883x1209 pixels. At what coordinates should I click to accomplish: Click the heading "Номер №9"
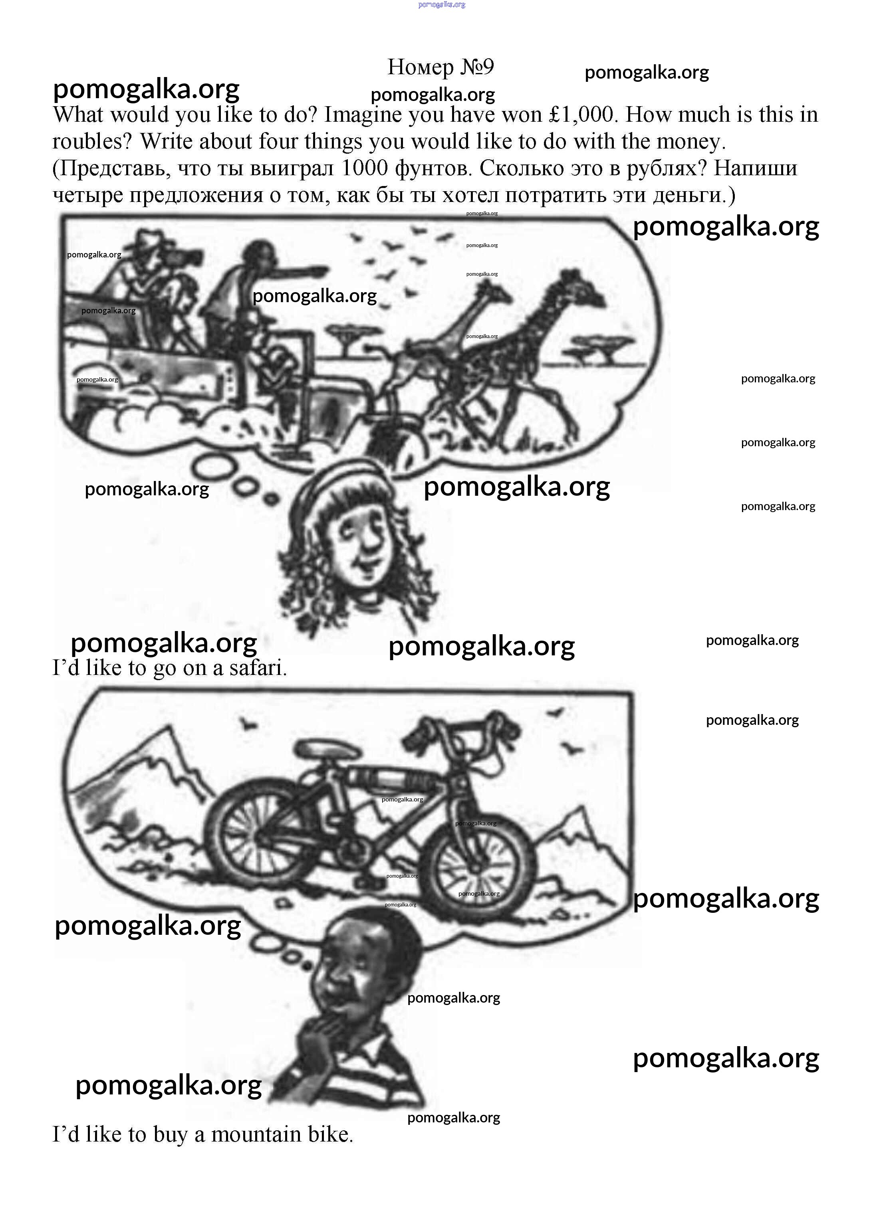pos(441,67)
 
